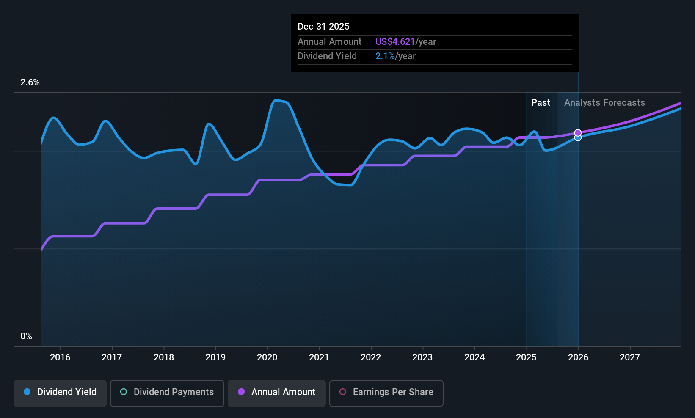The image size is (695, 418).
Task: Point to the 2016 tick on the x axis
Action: tap(60, 357)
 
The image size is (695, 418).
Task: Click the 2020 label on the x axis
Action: tap(267, 357)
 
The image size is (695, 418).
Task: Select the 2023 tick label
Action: tap(422, 357)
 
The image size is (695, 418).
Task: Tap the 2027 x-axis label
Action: tap(630, 357)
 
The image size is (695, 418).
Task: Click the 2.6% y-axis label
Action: tap(30, 82)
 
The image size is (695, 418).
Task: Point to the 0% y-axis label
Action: tap(26, 336)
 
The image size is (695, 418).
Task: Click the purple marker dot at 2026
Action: tap(578, 133)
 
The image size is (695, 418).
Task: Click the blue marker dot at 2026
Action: tap(578, 138)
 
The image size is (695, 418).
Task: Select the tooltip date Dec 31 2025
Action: tap(323, 26)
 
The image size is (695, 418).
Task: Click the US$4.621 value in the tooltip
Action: tap(395, 41)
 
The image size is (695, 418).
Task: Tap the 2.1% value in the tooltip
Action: tap(385, 56)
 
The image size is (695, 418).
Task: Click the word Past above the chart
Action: tap(541, 103)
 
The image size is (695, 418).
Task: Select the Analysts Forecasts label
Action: tap(604, 103)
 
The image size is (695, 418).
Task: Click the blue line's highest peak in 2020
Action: tap(276, 100)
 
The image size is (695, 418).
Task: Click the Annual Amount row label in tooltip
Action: tap(329, 41)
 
